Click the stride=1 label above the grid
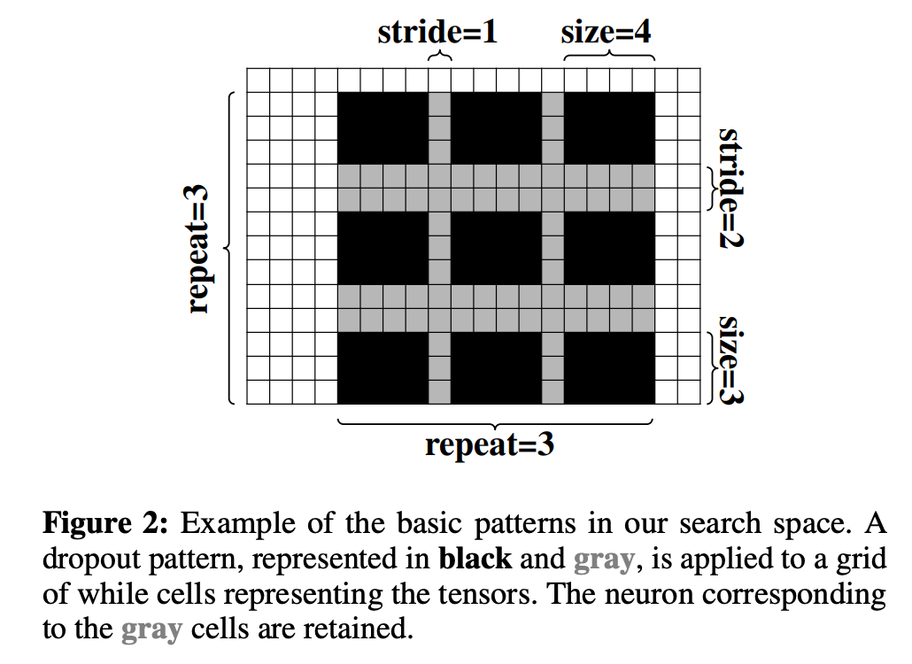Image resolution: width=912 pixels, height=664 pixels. (x=437, y=33)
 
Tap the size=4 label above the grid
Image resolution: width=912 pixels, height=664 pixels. (x=607, y=33)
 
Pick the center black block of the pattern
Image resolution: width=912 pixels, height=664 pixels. (x=496, y=247)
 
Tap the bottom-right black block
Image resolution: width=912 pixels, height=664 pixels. (x=609, y=367)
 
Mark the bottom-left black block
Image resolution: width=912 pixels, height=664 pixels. (x=383, y=367)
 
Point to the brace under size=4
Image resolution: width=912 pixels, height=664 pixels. (x=609, y=57)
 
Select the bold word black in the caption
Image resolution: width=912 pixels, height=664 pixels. (x=475, y=559)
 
